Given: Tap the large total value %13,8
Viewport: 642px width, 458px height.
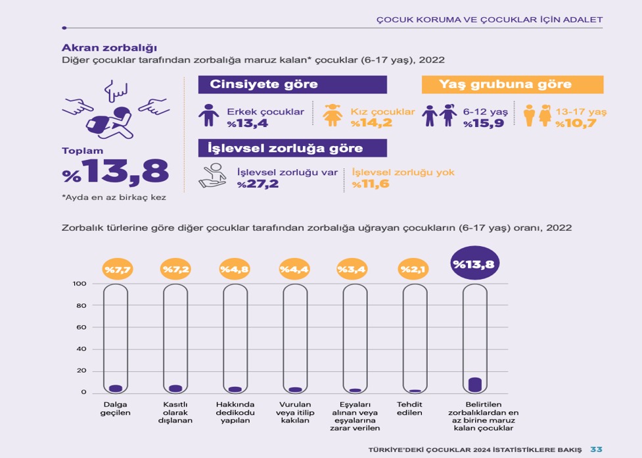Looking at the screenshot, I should point(116,173).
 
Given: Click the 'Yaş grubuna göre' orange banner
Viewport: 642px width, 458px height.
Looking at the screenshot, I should point(512,84).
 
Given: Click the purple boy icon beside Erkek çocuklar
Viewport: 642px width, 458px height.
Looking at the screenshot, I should point(210,115).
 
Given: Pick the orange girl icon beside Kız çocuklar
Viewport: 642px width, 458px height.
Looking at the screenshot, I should point(334,115).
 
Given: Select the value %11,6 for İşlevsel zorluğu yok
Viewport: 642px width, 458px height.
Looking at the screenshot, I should point(371,184).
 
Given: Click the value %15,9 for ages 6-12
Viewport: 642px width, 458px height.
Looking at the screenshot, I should point(484,123).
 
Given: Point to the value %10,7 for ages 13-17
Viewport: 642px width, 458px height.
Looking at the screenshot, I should point(576,123).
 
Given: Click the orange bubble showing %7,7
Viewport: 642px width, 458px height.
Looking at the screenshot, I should point(116,270).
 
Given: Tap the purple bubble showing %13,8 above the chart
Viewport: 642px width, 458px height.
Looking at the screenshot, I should point(474,265).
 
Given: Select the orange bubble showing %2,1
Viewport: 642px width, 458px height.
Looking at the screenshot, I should point(414,270).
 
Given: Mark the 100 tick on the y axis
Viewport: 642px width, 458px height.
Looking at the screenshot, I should point(78,284).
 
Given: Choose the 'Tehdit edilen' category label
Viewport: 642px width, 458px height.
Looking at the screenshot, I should point(409,408).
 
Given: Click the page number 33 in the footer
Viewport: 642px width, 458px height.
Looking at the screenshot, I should point(596,449).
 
